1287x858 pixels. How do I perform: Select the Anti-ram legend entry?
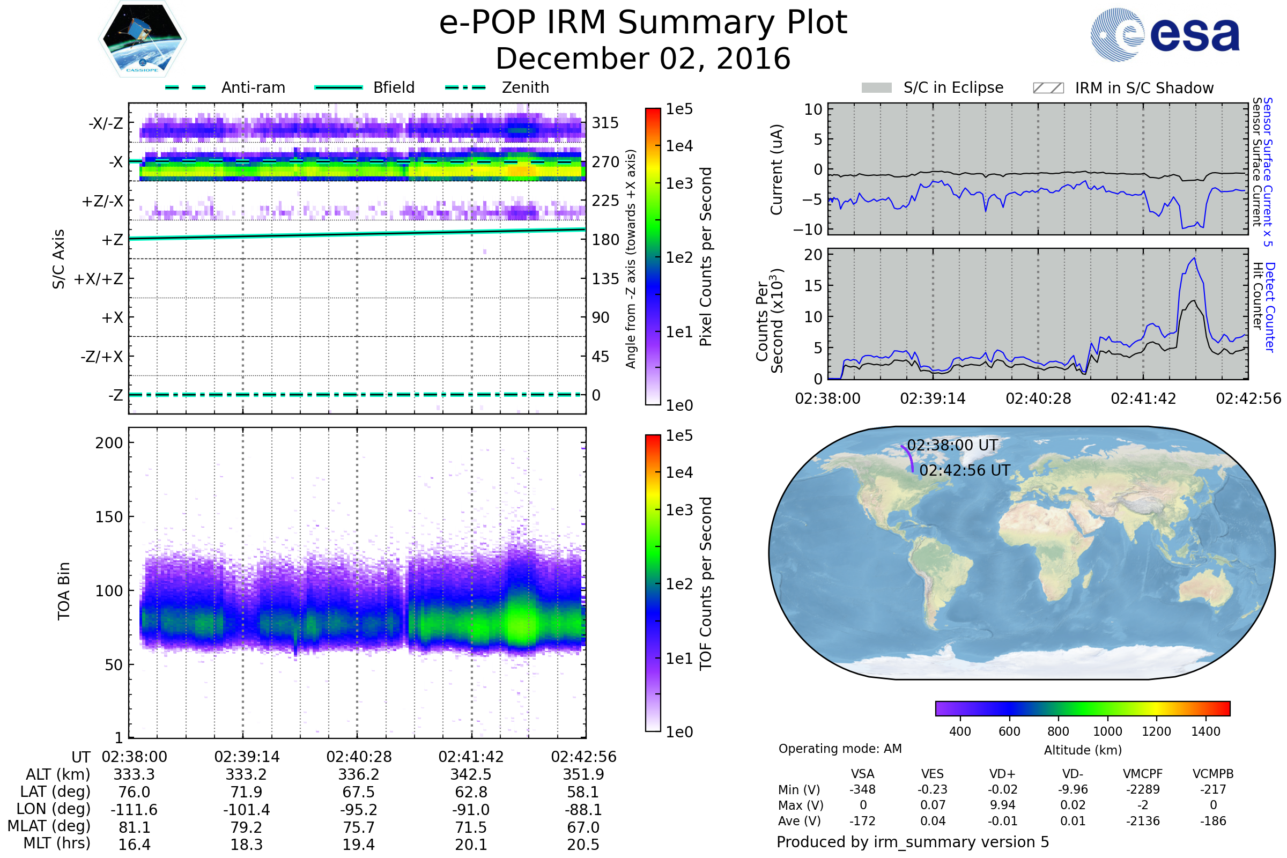253,87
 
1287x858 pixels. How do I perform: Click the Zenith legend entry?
525,87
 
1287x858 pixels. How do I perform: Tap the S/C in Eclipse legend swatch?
876,88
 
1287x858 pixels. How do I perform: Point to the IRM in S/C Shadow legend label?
1144,88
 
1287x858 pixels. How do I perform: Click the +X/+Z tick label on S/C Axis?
99,279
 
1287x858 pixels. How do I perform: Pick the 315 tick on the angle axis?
605,123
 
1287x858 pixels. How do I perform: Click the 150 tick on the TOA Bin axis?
109,517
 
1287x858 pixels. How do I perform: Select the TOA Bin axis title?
63,591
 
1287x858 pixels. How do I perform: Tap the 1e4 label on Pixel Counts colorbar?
679,146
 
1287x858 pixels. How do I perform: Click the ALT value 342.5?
471,775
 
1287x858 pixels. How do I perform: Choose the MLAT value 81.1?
134,827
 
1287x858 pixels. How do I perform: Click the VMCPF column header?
1143,774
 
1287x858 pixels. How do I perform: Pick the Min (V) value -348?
862,789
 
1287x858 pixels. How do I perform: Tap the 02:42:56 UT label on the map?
964,471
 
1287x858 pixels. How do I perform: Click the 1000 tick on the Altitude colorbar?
1107,731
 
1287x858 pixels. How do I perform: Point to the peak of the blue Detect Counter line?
1195,258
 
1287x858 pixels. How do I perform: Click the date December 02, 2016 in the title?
643,58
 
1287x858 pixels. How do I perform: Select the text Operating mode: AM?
840,749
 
